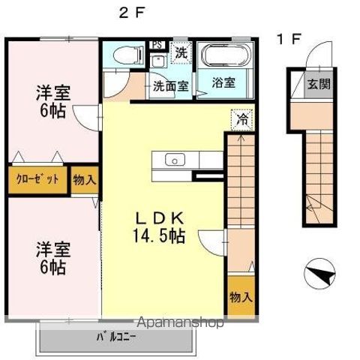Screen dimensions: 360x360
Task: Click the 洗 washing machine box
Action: pos(181,53)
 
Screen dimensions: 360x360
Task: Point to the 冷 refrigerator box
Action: pos(241,119)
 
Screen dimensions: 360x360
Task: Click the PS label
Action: pos(157,44)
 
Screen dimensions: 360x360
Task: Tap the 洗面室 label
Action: pos(171,85)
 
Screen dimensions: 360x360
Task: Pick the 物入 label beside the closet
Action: pos(84,180)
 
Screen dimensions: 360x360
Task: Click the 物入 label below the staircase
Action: pos(241,297)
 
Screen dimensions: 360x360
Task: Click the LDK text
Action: pos(160,218)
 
